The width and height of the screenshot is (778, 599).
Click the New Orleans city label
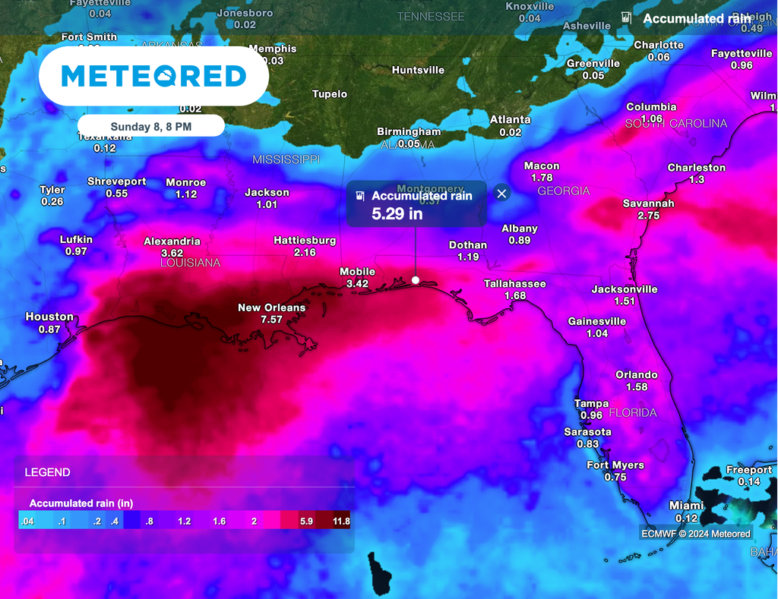click(271, 307)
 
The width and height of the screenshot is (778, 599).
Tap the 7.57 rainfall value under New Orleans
click(271, 320)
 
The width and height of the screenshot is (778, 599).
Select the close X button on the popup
click(501, 194)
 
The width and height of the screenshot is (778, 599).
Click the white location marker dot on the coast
click(416, 280)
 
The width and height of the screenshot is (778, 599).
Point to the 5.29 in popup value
click(397, 213)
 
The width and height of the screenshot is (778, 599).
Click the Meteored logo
click(153, 76)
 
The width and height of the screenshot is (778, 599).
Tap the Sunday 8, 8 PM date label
click(150, 126)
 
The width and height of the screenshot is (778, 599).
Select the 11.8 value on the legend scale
click(341, 522)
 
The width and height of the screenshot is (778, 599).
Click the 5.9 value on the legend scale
click(307, 522)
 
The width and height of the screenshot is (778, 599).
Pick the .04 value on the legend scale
click(27, 522)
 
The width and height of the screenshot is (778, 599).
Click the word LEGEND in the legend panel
click(47, 472)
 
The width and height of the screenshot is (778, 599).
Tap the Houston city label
click(49, 317)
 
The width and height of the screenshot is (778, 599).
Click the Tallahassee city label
click(515, 284)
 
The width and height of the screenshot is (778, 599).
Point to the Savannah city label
click(648, 203)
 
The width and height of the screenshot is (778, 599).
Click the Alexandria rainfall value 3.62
click(172, 253)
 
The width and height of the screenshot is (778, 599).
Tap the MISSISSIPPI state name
click(286, 159)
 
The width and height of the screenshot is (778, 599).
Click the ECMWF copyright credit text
click(695, 533)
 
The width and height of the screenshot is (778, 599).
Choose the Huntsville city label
click(418, 70)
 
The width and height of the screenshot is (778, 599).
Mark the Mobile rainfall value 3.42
click(357, 283)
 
